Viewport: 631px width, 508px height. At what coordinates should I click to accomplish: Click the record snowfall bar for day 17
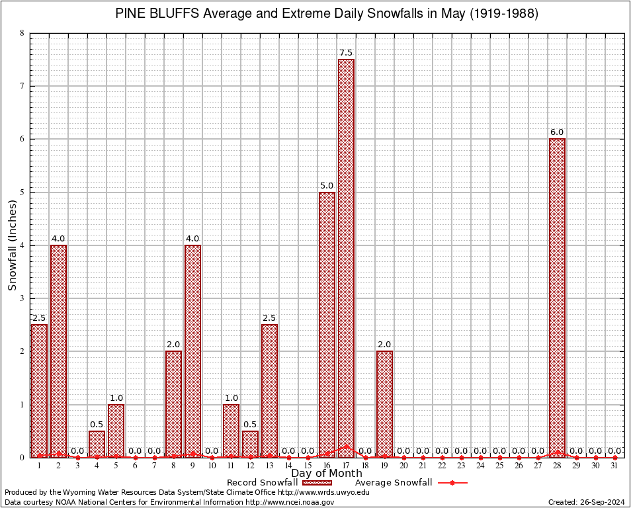coord(346,258)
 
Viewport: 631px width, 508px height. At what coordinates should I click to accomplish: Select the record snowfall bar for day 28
coord(558,298)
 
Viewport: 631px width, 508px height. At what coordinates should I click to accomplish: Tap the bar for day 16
coord(327,324)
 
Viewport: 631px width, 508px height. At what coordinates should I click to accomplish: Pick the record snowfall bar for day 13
coord(269,390)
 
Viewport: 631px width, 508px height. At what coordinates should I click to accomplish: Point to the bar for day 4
coord(97,444)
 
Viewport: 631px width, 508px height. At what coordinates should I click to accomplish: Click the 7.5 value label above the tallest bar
coord(346,53)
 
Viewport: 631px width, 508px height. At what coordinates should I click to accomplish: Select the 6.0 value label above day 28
coord(558,132)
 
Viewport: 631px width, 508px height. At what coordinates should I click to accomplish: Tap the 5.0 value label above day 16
coord(327,186)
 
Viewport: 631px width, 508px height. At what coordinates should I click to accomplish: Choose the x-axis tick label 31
coord(615,466)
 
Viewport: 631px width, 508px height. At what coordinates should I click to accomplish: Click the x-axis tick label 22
coord(442,466)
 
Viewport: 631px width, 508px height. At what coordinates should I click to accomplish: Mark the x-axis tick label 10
coord(212,466)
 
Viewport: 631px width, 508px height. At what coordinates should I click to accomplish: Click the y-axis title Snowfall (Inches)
coord(12,245)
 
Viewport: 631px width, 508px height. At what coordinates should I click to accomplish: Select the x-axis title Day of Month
coord(326,473)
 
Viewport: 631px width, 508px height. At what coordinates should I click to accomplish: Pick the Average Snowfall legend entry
coord(393,483)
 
